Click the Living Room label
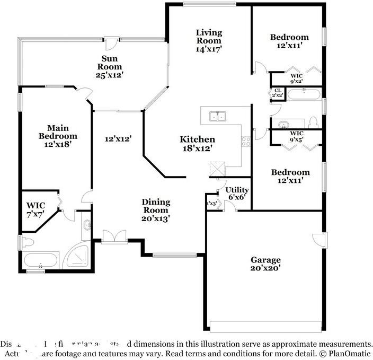click(209, 40)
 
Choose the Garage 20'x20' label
click(265, 264)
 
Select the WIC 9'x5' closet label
click(297, 136)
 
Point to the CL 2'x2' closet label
click(278, 93)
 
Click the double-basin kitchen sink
click(218, 116)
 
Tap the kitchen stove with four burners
click(246, 141)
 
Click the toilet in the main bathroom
click(28, 243)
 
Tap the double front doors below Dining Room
click(114, 236)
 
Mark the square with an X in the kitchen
click(217, 169)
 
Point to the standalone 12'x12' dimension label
click(118, 138)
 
